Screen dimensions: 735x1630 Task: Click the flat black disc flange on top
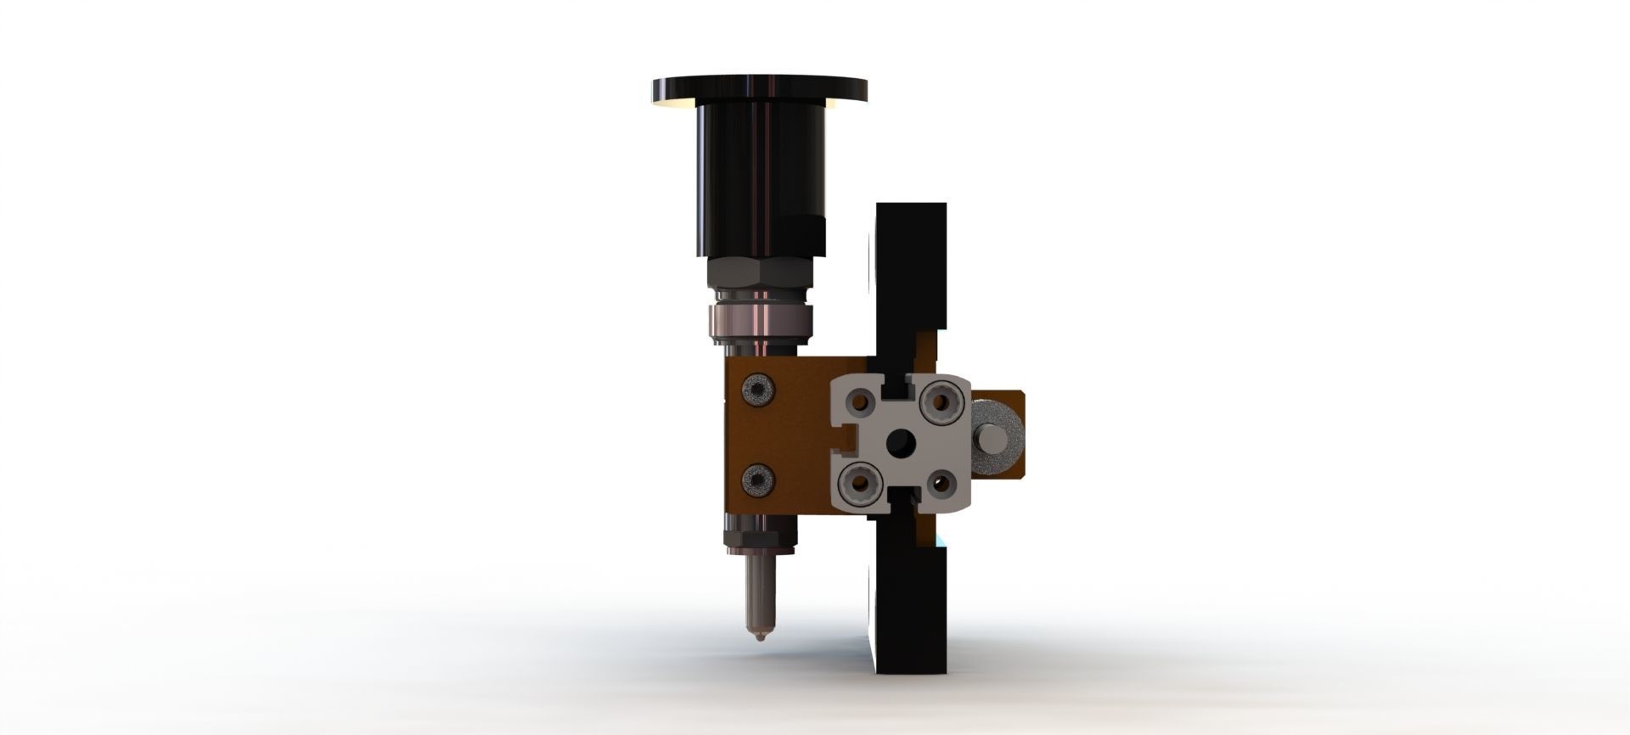coord(760,88)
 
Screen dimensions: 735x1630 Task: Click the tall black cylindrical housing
coord(760,178)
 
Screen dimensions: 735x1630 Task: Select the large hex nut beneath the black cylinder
coord(760,273)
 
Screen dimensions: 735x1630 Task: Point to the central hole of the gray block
coord(899,442)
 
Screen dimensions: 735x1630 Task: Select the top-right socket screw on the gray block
coord(942,398)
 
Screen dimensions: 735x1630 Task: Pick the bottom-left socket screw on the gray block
coord(856,485)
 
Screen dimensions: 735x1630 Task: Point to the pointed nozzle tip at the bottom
coord(756,632)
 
